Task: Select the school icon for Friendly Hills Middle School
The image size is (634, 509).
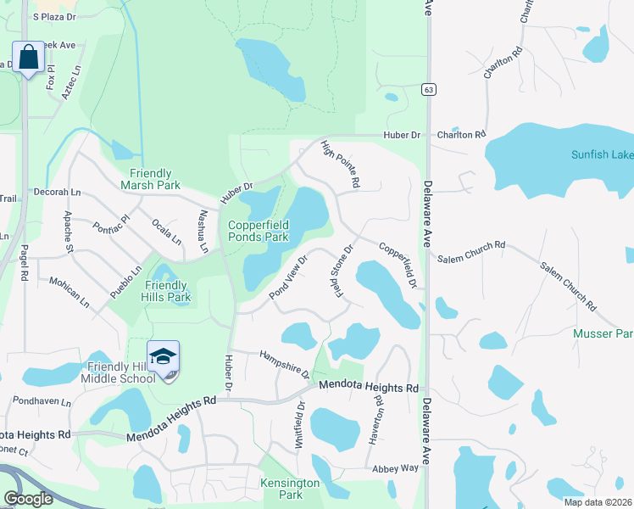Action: [163, 357]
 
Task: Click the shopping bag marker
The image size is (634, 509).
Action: [27, 58]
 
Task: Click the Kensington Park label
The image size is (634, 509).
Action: [291, 489]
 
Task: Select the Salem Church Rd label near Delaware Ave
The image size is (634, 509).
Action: [471, 245]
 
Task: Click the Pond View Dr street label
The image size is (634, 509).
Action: [288, 274]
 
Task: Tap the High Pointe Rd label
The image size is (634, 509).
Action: [341, 165]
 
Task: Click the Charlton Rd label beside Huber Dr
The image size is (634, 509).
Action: [461, 134]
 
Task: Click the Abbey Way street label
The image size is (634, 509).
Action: [395, 468]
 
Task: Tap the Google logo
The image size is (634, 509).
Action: [28, 499]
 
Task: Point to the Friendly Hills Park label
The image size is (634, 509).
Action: [167, 291]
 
